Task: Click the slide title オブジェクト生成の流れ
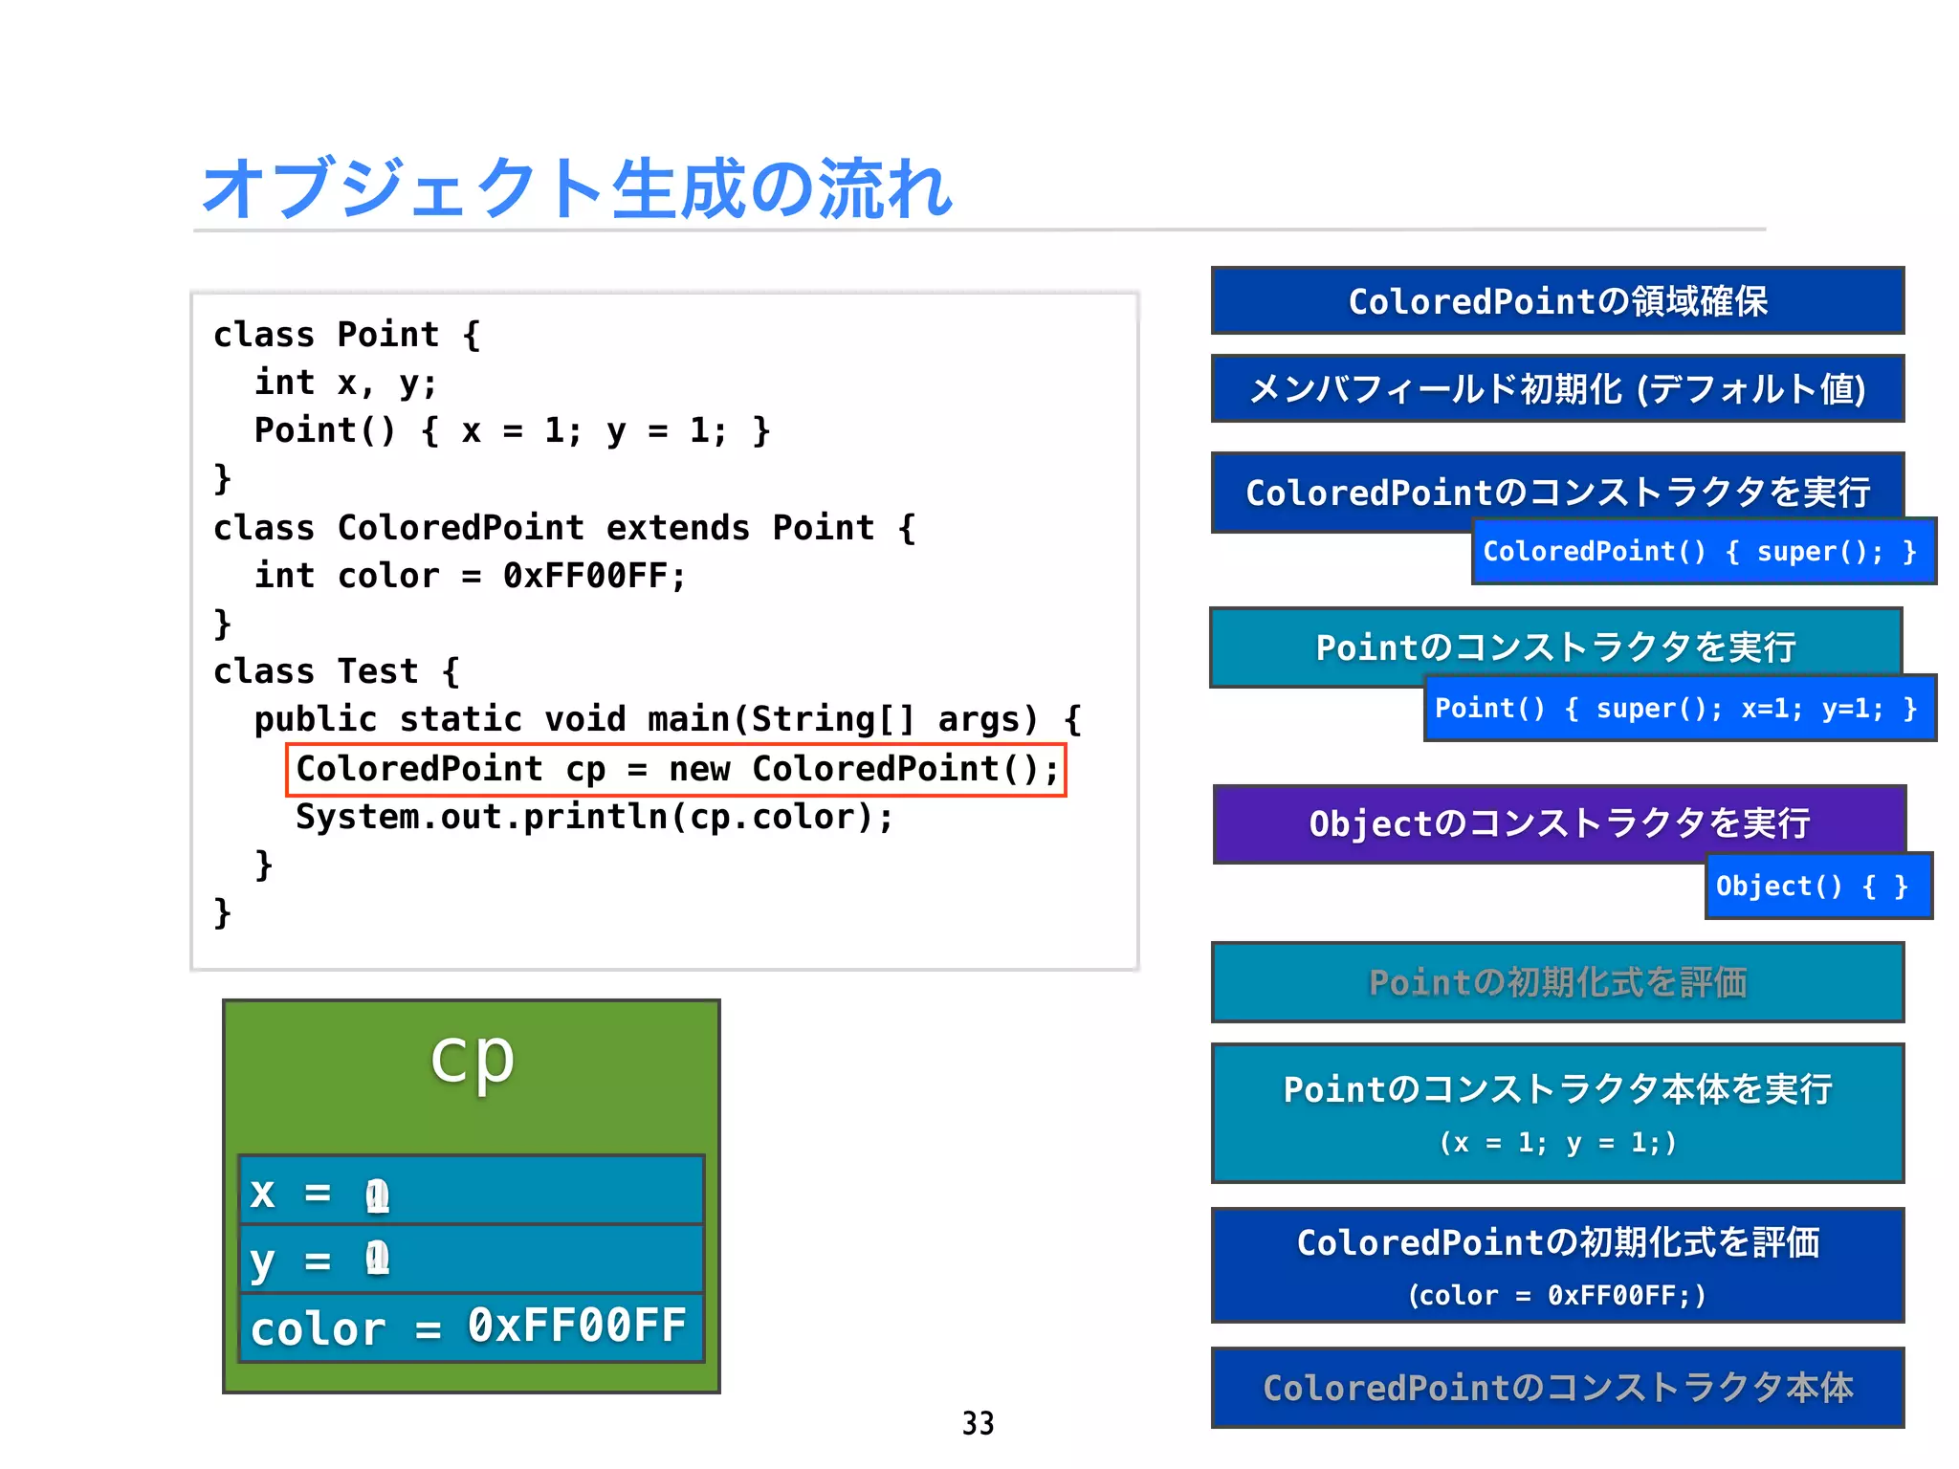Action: click(577, 188)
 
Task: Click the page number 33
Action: click(978, 1423)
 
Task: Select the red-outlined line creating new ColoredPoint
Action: click(676, 769)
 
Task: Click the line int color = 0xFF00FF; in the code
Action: click(470, 576)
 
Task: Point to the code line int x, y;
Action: click(345, 383)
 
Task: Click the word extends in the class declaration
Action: click(677, 528)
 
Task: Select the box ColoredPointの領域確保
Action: click(1557, 301)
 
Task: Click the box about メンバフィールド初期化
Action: click(1557, 389)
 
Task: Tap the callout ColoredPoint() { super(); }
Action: click(1703, 552)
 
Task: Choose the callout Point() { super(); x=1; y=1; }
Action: click(1679, 709)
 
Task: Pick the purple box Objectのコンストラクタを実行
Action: click(1559, 823)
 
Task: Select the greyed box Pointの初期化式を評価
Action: click(1557, 983)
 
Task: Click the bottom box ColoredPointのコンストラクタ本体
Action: click(1557, 1388)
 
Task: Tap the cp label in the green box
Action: click(472, 1060)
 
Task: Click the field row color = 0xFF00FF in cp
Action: click(470, 1327)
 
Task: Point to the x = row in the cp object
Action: click(470, 1192)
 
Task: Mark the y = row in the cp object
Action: click(470, 1260)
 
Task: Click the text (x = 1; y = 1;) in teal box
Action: click(1557, 1143)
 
